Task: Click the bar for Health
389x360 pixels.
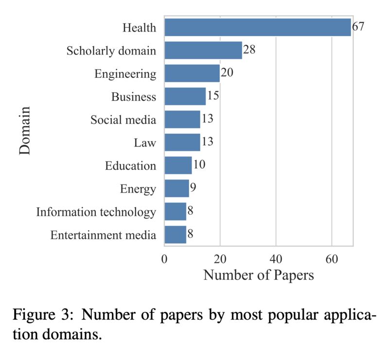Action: click(257, 27)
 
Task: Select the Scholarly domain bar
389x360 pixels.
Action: click(203, 50)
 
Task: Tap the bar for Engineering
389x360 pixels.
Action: click(192, 73)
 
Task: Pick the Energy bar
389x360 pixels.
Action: click(177, 188)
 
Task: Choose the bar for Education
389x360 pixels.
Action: click(178, 165)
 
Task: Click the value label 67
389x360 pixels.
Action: click(358, 27)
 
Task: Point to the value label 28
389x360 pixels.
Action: click(249, 50)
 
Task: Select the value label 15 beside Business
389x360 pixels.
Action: click(213, 96)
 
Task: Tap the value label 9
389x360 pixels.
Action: click(193, 188)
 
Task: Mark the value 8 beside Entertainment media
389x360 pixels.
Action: click(191, 234)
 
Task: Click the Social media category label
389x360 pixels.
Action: click(124, 120)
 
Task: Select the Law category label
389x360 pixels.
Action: click(145, 143)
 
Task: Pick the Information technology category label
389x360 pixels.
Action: click(96, 212)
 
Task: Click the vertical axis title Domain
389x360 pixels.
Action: click(25, 131)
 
